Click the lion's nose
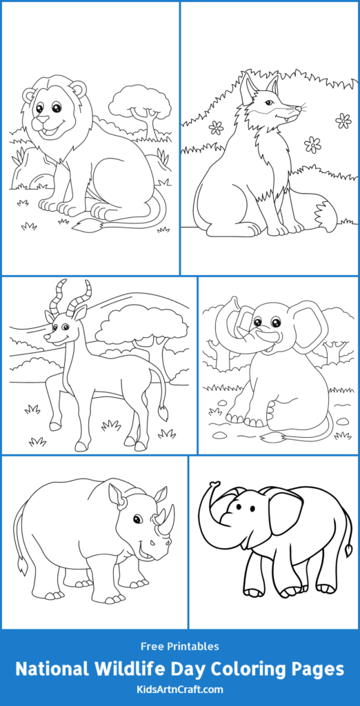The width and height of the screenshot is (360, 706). tap(43, 119)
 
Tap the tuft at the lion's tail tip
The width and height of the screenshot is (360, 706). tap(84, 225)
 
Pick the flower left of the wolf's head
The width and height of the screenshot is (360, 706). tap(217, 128)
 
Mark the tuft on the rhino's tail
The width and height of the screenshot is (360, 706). tap(22, 568)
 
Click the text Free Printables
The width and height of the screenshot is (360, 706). tap(180, 646)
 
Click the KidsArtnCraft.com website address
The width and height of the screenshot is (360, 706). tap(180, 689)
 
